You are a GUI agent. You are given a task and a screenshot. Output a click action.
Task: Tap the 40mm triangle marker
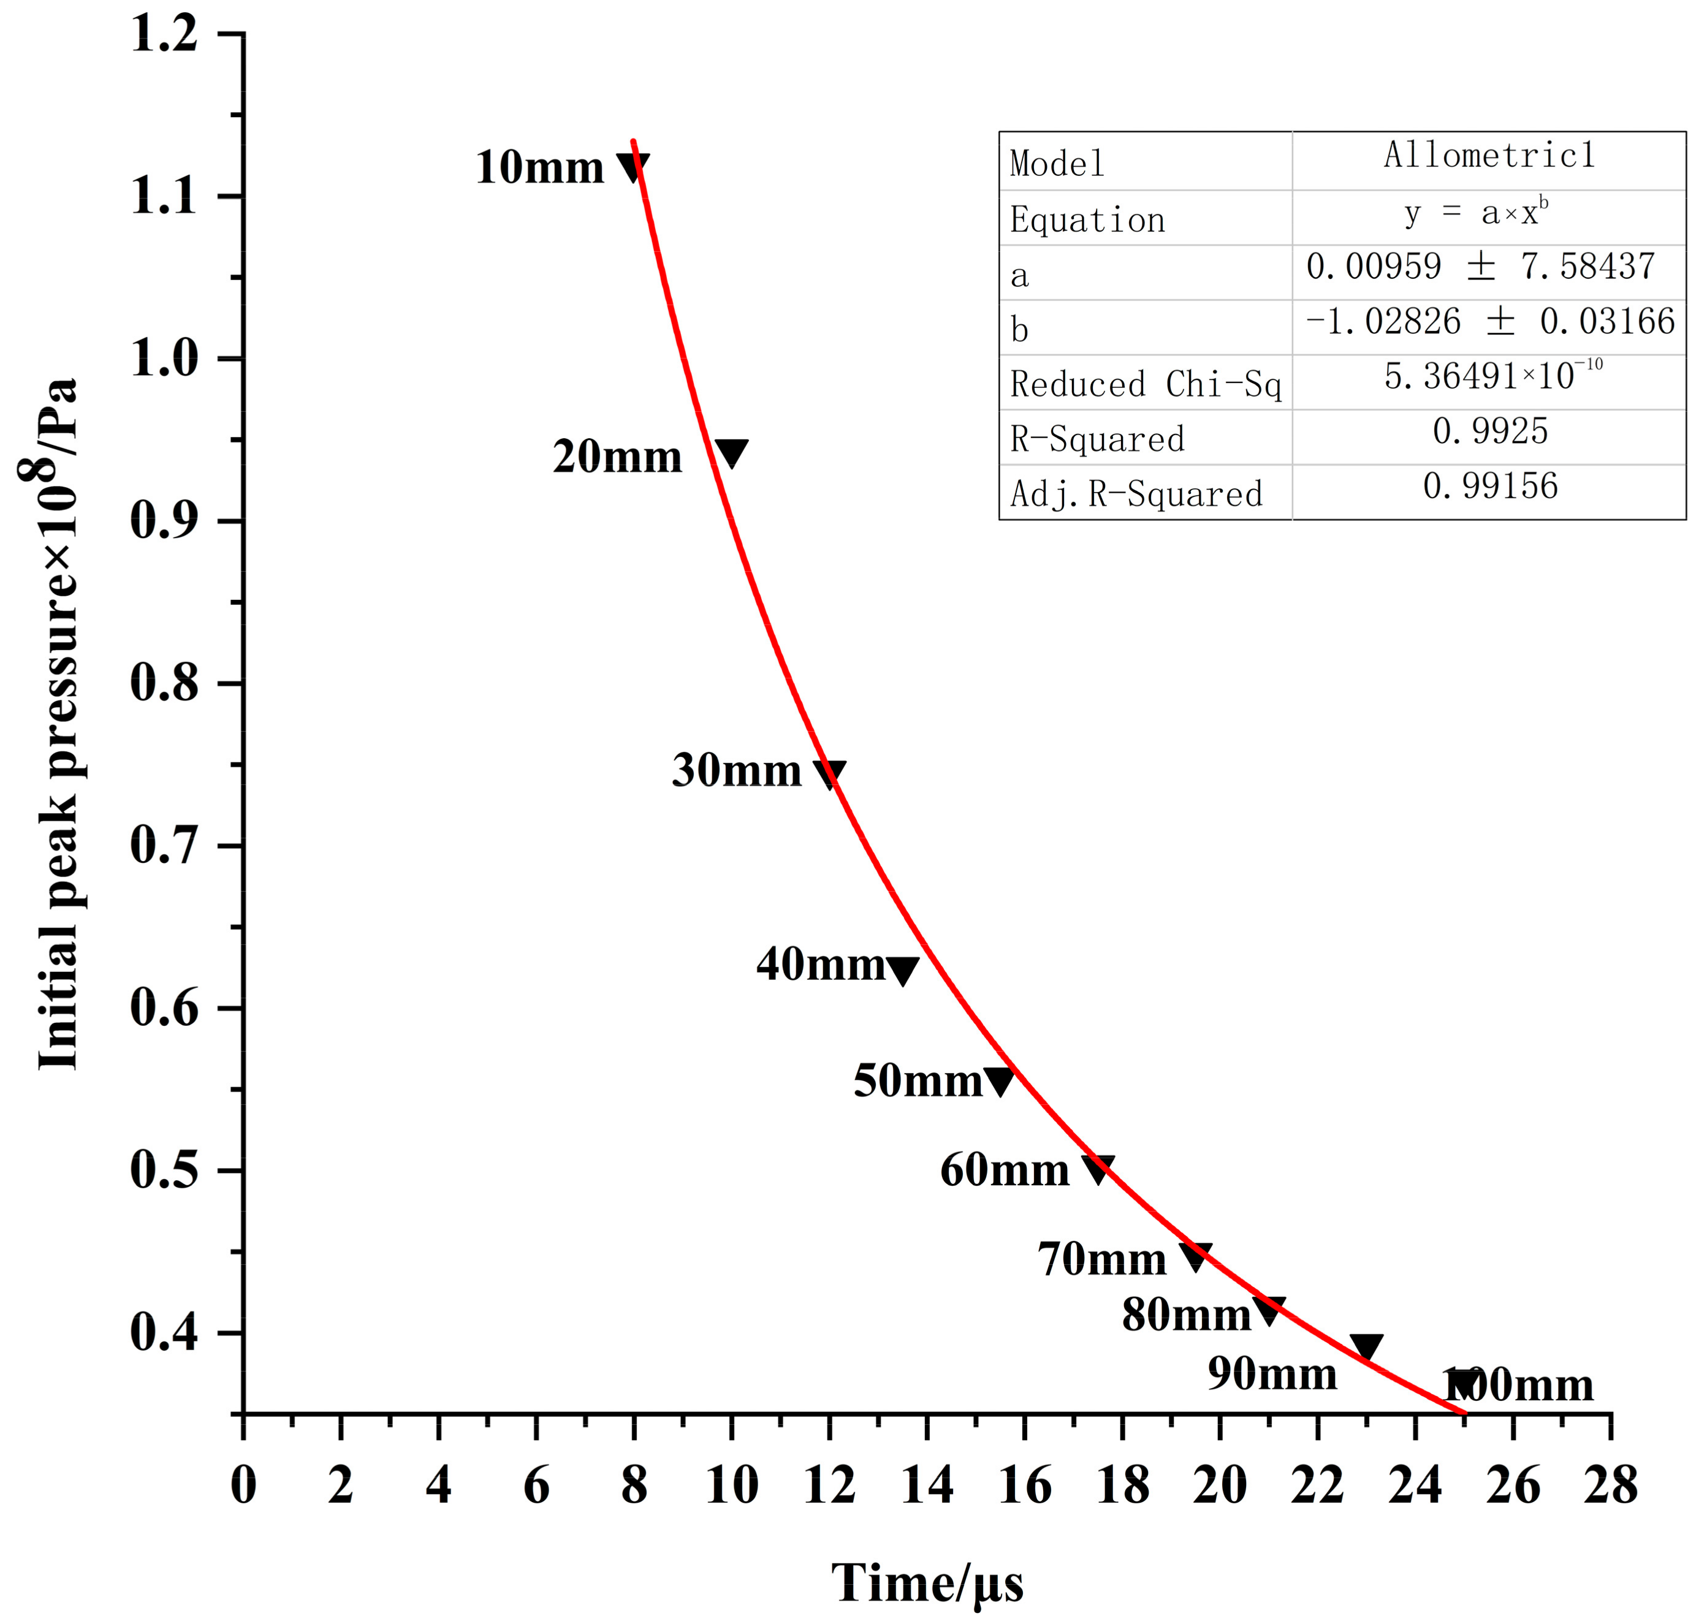coord(902,969)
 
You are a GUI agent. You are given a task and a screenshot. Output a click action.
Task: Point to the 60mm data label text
coord(1005,1171)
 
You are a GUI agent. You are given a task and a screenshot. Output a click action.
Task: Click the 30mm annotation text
coord(736,770)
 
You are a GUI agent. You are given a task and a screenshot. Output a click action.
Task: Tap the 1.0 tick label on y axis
coord(164,357)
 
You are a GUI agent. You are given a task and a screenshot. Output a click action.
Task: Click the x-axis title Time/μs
coord(927,1582)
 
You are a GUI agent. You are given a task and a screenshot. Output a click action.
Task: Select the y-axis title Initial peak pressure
coord(57,723)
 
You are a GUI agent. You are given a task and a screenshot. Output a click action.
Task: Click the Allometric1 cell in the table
coord(1489,156)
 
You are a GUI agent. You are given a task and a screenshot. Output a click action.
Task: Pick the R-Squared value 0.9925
coord(1489,431)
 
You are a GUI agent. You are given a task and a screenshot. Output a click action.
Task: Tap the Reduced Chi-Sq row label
coord(1145,384)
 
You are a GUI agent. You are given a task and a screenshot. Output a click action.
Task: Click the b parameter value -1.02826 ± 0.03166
coord(1489,322)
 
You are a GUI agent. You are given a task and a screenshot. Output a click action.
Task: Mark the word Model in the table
coord(1057,164)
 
